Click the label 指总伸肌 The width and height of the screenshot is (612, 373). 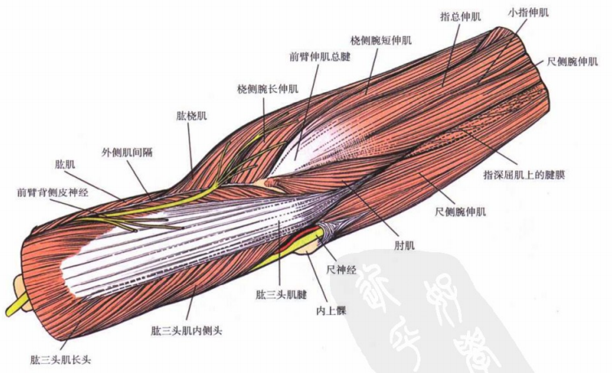pyautogui.click(x=460, y=15)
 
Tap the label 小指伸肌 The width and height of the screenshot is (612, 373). pyautogui.click(x=529, y=12)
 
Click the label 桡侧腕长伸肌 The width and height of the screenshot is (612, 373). pyautogui.click(x=267, y=88)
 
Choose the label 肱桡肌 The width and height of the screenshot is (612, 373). pyautogui.click(x=192, y=115)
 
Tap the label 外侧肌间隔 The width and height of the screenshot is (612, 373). pyautogui.click(x=125, y=152)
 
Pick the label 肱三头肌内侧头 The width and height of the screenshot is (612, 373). pyautogui.click(x=187, y=330)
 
